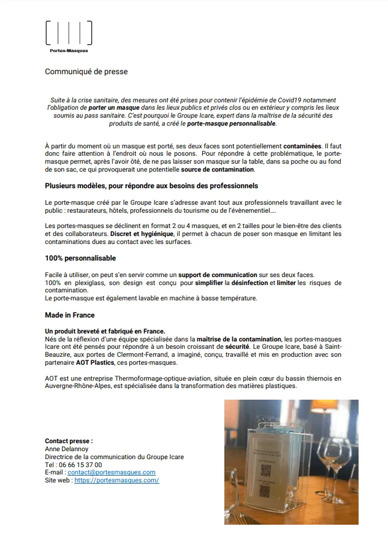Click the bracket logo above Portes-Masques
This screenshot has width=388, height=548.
click(69, 32)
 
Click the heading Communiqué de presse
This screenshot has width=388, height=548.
click(86, 72)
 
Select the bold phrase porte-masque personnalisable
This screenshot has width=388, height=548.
click(232, 123)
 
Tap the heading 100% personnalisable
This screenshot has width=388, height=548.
click(80, 258)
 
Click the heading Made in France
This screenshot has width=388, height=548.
click(70, 315)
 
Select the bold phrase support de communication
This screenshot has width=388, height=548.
click(216, 275)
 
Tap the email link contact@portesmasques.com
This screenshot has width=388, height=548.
click(112, 473)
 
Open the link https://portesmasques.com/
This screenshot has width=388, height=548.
click(116, 481)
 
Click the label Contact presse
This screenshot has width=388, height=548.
click(69, 441)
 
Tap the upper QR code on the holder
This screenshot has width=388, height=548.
click(266, 470)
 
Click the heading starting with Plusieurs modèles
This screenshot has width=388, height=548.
click(151, 185)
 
